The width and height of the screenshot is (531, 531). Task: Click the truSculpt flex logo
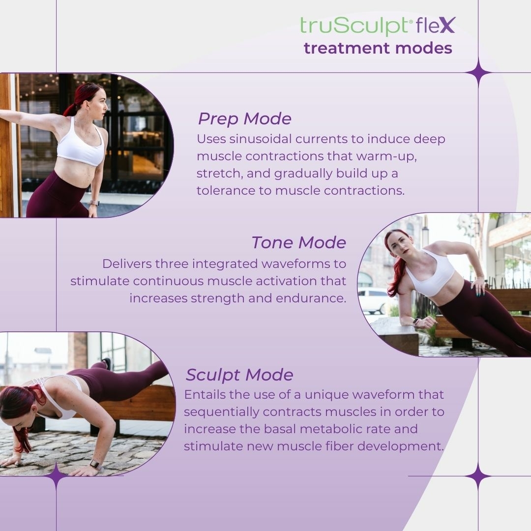coord(378,26)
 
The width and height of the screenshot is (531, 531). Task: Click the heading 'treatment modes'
coord(378,48)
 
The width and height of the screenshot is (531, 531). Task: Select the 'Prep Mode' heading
coord(244,119)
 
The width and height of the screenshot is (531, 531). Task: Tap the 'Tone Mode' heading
coord(299,242)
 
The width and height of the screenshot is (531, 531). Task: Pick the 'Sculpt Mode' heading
coord(239,375)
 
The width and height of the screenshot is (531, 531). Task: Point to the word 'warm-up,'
coord(386,156)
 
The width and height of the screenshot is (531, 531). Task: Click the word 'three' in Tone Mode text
coord(172,264)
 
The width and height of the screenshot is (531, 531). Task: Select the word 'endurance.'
coord(311,298)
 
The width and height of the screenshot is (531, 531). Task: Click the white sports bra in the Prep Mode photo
coord(81,143)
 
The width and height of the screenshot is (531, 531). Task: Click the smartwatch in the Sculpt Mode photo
coord(95,464)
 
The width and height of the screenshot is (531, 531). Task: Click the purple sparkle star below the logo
coord(478,72)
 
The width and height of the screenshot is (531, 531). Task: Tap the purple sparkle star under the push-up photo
coord(56,476)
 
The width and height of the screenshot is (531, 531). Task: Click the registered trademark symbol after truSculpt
coord(411,22)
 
